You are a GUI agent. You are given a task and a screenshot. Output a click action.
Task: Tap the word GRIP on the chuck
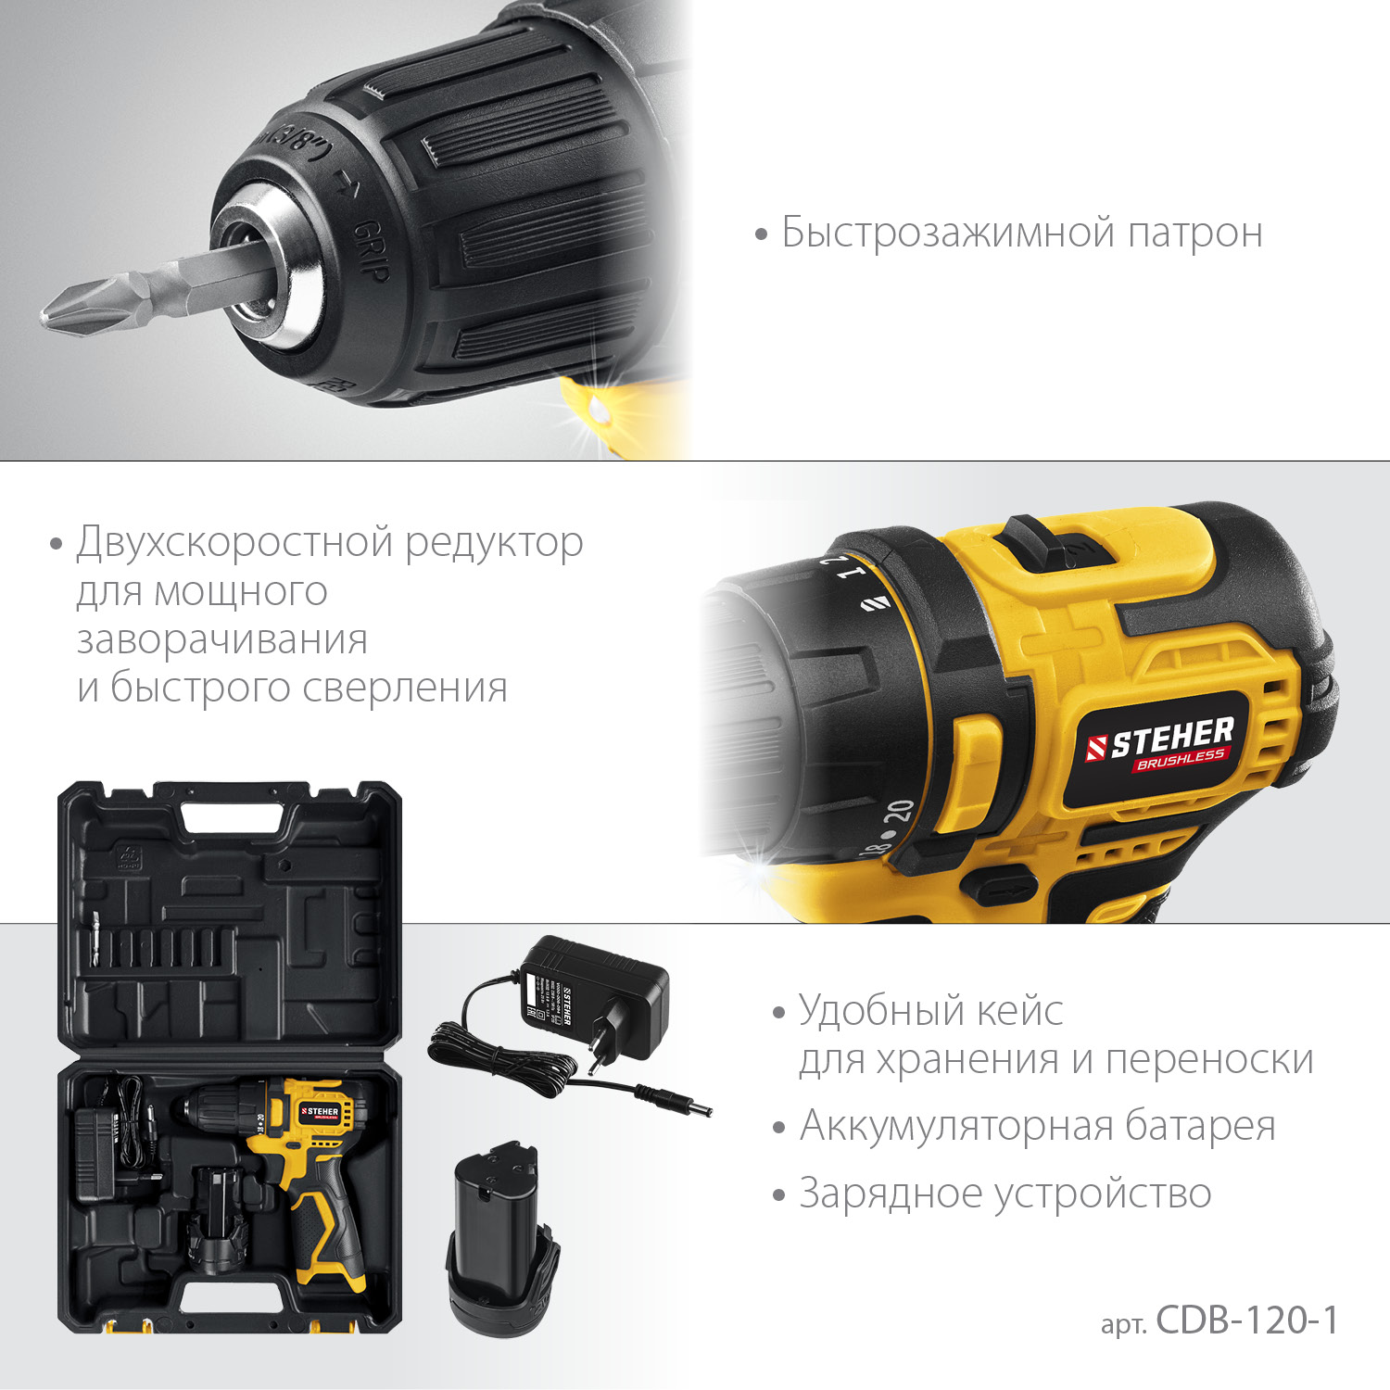click(x=372, y=250)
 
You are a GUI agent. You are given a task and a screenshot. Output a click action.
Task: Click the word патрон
click(x=1194, y=233)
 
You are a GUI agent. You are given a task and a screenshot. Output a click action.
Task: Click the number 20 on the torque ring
click(x=898, y=812)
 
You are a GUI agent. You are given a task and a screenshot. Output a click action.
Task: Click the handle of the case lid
click(x=232, y=815)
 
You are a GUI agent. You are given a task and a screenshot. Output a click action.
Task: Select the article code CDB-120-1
click(x=1246, y=1320)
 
